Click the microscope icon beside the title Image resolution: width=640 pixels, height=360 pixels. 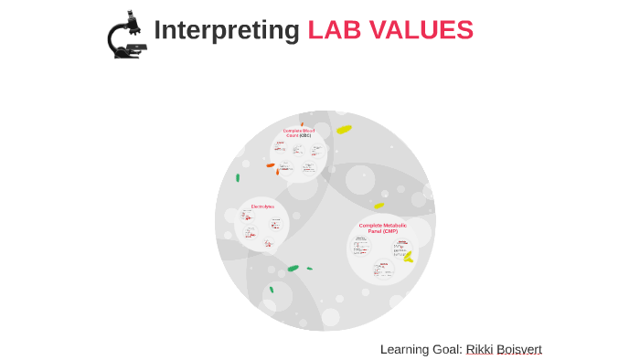click(x=127, y=36)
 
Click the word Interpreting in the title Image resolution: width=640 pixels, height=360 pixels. click(x=226, y=30)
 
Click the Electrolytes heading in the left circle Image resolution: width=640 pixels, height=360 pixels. click(x=263, y=206)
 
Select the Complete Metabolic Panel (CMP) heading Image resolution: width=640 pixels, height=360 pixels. click(x=382, y=228)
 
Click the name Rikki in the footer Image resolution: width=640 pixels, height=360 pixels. click(x=479, y=349)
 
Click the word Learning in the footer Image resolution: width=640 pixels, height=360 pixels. click(x=402, y=349)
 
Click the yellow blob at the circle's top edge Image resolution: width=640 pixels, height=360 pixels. click(x=344, y=130)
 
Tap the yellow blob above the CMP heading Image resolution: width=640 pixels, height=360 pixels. click(x=379, y=206)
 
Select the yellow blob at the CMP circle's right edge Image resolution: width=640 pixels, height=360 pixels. click(x=408, y=258)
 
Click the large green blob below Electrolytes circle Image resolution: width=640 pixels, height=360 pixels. click(x=293, y=268)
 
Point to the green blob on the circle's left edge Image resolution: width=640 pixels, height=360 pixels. click(x=238, y=177)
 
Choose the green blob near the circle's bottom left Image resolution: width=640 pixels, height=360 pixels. click(x=272, y=290)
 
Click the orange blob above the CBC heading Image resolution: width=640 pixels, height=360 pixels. click(x=302, y=124)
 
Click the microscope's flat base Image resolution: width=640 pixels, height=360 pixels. click(x=128, y=55)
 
